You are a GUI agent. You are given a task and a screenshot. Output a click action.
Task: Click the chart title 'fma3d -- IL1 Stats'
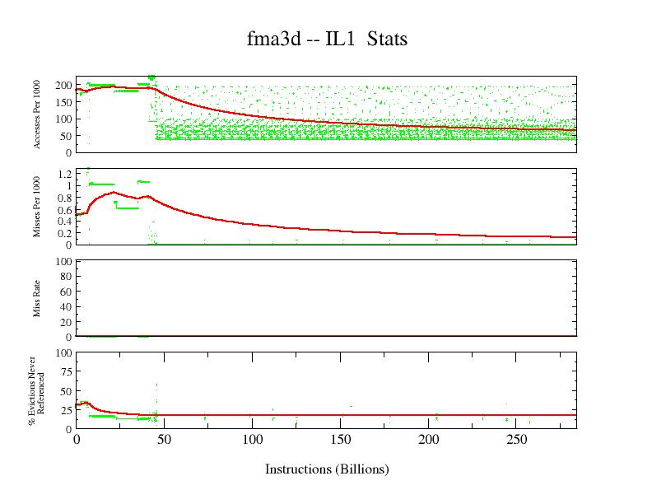pyautogui.click(x=327, y=39)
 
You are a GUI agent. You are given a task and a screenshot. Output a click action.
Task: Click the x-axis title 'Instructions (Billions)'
pyautogui.click(x=327, y=469)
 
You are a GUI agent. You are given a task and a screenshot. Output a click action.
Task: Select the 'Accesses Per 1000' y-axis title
pyautogui.click(x=39, y=114)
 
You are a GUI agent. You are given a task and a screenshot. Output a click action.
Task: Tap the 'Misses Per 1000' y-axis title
pyautogui.click(x=39, y=207)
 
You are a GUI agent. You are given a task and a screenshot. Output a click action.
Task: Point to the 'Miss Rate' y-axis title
pyautogui.click(x=39, y=298)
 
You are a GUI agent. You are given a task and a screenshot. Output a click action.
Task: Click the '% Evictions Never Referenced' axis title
pyautogui.click(x=36, y=390)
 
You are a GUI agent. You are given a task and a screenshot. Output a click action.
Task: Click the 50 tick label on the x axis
pyautogui.click(x=164, y=440)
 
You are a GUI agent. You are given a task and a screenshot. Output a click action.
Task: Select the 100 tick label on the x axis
pyautogui.click(x=252, y=440)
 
